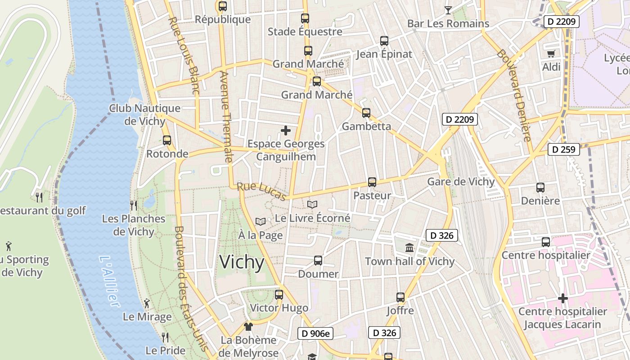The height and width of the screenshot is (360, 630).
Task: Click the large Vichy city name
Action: (242, 262)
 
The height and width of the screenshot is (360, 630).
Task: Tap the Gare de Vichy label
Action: (460, 182)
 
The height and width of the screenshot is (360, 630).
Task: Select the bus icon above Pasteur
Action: (372, 182)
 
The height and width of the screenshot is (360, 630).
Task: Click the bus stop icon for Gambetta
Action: (366, 113)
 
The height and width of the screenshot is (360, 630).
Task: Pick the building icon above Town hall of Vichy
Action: (409, 247)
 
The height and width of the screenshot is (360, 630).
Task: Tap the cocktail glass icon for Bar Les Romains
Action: (448, 10)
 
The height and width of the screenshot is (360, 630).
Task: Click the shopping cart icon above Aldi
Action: (551, 54)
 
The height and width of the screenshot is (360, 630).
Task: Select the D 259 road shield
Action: (563, 149)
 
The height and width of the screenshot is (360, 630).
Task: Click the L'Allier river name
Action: (109, 282)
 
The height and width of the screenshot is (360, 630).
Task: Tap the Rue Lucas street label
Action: (261, 191)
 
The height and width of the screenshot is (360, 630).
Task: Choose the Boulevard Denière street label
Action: (514, 95)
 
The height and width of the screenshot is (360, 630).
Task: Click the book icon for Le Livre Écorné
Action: (312, 204)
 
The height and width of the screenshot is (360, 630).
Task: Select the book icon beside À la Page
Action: (260, 221)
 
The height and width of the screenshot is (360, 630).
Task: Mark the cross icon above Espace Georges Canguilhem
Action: (286, 130)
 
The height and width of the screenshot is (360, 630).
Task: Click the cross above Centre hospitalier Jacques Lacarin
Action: (562, 298)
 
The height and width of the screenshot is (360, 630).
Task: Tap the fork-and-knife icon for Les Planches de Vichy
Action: (133, 205)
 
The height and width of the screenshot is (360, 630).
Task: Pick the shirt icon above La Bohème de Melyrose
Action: (248, 326)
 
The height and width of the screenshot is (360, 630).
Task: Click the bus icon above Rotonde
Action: (167, 140)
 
